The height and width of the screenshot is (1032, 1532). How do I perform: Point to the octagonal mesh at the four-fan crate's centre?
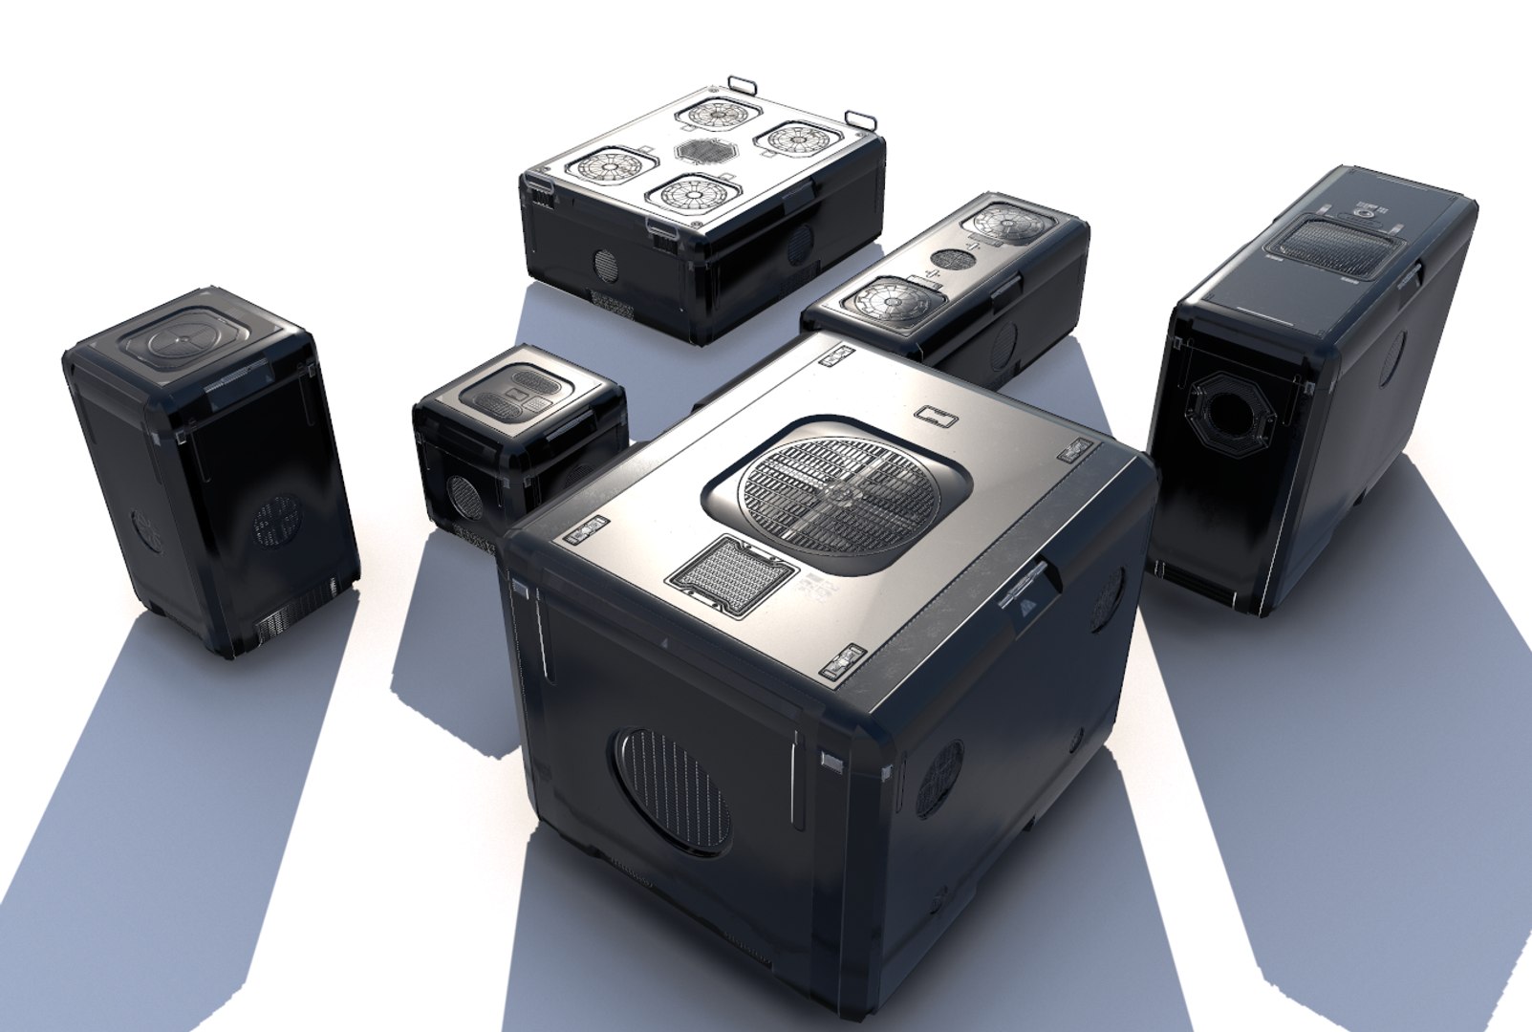click(x=702, y=150)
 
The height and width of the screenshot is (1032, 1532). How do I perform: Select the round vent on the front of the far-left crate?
click(x=277, y=522)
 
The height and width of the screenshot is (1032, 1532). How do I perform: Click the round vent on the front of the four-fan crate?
click(x=605, y=262)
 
